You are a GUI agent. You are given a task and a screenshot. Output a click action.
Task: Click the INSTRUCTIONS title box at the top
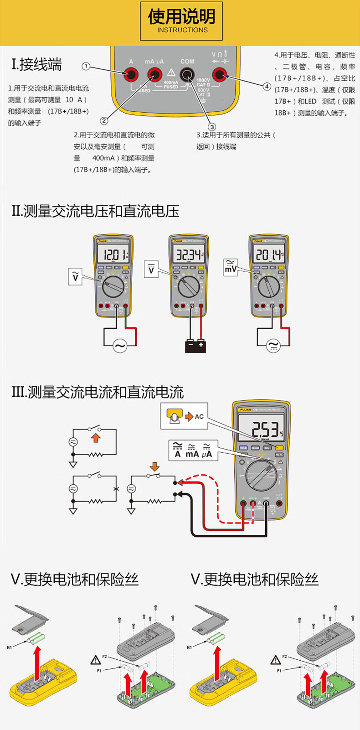[x=181, y=21]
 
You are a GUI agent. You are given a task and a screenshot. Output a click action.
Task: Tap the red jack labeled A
[x=131, y=74]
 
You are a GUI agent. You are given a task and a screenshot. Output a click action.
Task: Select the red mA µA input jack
[x=154, y=74]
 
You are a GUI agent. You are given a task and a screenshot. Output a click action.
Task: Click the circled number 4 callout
[x=267, y=86]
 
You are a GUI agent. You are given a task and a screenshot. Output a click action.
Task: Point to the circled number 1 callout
[x=86, y=66]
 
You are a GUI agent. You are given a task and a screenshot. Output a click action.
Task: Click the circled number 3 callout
[x=211, y=127]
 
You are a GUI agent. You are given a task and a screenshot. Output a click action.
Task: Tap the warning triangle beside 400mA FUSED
[x=171, y=72]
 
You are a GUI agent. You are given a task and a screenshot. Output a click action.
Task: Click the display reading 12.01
[x=113, y=254]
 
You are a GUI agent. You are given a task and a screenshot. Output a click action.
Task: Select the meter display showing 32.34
[x=188, y=254]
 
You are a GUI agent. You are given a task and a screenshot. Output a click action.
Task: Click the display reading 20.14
[x=268, y=254]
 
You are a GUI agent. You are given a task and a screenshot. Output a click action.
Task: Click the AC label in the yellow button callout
[x=199, y=416]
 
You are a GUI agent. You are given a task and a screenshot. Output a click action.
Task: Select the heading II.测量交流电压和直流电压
[x=96, y=211]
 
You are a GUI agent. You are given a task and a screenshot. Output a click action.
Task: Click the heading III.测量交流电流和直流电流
[x=98, y=392]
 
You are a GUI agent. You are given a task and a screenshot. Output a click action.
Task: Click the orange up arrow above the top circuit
[x=95, y=437]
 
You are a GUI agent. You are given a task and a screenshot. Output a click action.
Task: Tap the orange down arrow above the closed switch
[x=154, y=466]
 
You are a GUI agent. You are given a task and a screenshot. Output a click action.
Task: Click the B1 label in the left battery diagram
[x=10, y=647]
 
